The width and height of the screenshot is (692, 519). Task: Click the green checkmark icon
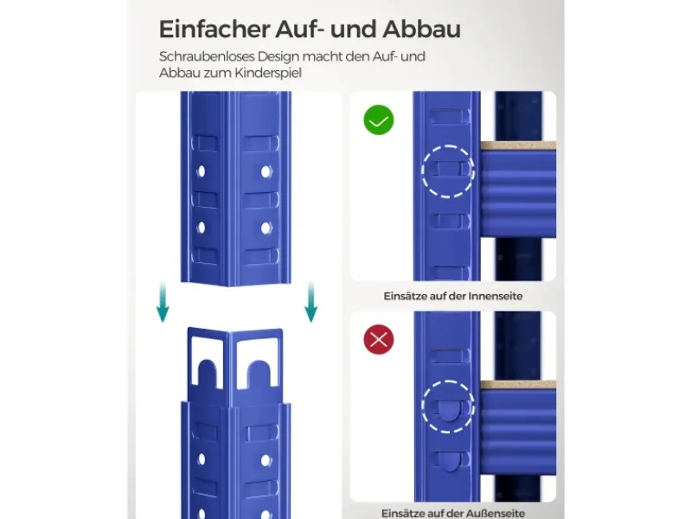(379, 120)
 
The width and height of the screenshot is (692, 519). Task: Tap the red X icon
(379, 339)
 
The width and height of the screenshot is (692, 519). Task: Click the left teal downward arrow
(163, 302)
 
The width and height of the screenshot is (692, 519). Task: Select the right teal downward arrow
(311, 302)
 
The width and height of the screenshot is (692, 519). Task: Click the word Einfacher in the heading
(215, 29)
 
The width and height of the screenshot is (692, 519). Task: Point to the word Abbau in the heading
(421, 29)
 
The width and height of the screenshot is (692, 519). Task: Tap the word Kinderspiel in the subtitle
(268, 73)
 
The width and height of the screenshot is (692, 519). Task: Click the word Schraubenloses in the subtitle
(206, 57)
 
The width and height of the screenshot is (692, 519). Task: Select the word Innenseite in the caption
(495, 296)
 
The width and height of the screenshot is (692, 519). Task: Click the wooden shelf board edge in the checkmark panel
(518, 145)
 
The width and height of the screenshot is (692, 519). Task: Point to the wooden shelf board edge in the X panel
(518, 385)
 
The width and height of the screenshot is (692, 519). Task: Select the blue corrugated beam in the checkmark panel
(518, 193)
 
